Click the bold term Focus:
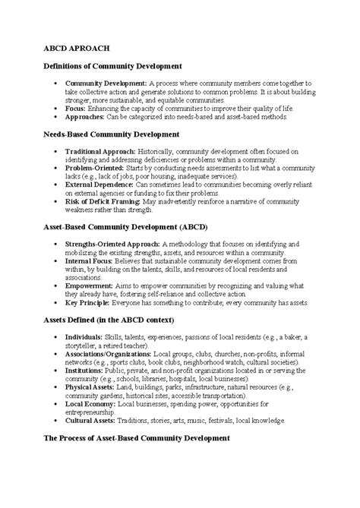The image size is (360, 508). pos(75,109)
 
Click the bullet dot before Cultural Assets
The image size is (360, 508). pos(58,420)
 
